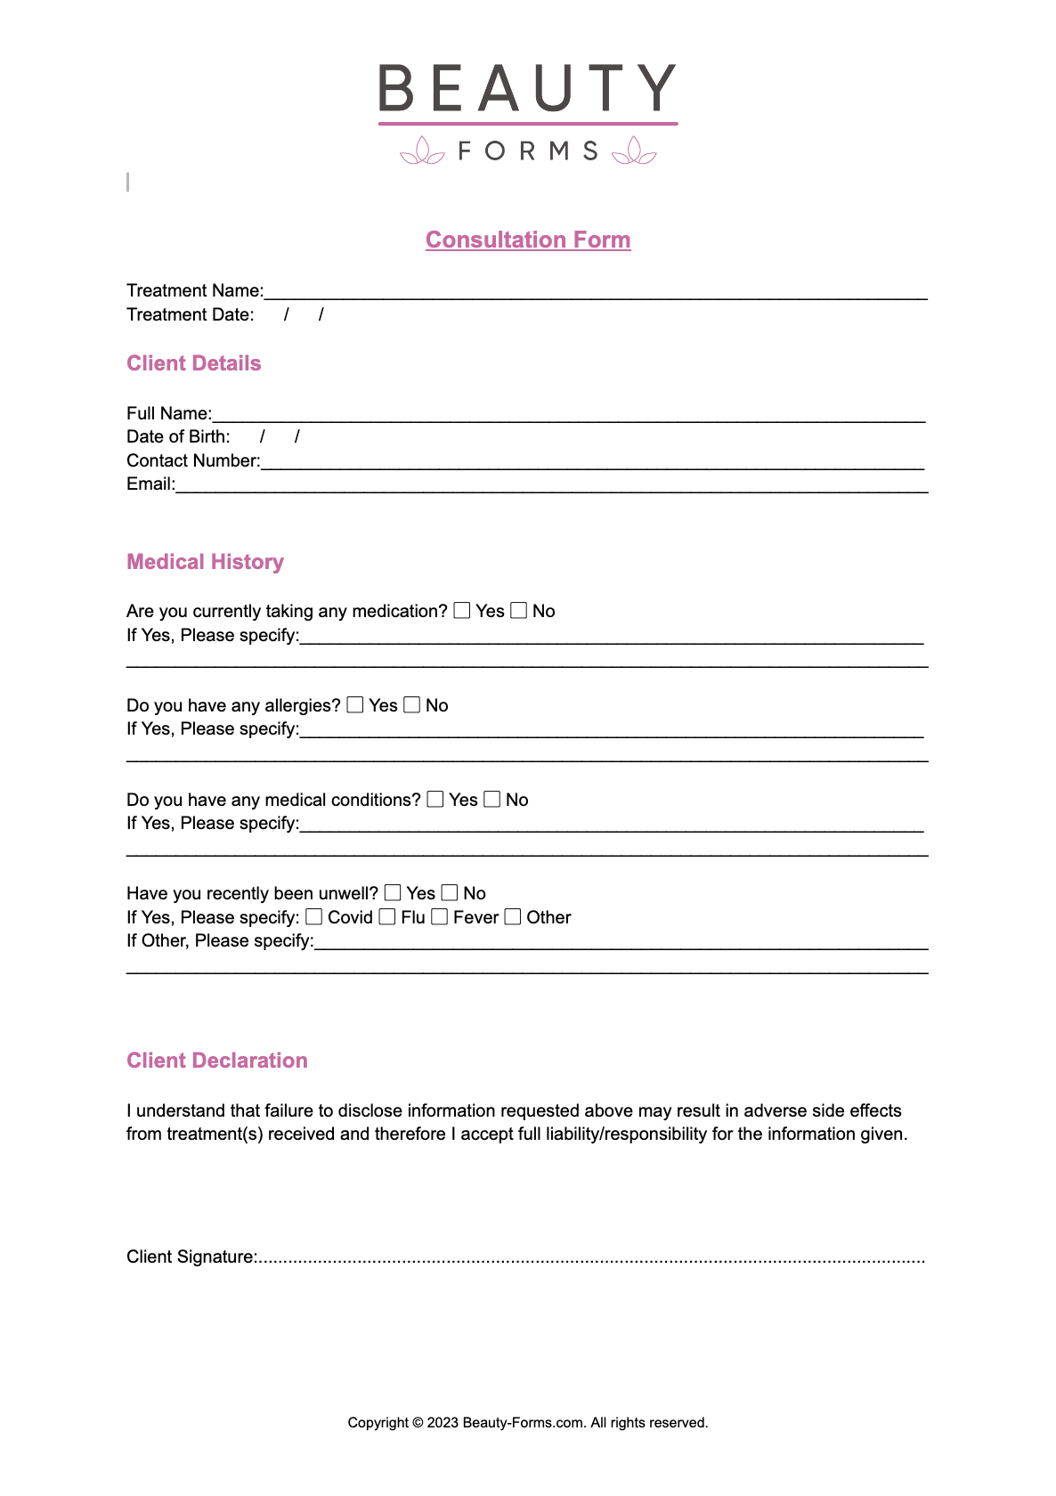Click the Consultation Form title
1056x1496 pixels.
(x=528, y=240)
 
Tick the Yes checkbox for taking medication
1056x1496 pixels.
(x=462, y=610)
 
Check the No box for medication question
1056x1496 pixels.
(x=519, y=610)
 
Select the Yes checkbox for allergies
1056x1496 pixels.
(x=355, y=704)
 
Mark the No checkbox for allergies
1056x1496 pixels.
(x=412, y=704)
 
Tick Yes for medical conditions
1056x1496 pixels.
(x=435, y=799)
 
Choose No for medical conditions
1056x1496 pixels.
(x=492, y=799)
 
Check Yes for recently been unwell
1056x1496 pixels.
(x=393, y=892)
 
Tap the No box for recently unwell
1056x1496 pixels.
(x=450, y=892)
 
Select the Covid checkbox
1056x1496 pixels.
(x=314, y=916)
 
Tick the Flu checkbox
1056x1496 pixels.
(x=387, y=916)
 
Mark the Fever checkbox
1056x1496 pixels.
(x=440, y=916)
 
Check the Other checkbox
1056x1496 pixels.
(x=513, y=916)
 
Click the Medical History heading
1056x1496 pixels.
(x=205, y=562)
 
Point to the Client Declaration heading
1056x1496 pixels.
(x=217, y=1061)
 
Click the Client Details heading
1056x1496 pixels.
(x=194, y=363)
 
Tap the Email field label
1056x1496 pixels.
(x=150, y=484)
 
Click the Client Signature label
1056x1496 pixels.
(x=191, y=1256)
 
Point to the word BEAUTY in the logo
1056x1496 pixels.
(x=527, y=88)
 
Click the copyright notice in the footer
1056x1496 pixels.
(x=528, y=1422)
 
